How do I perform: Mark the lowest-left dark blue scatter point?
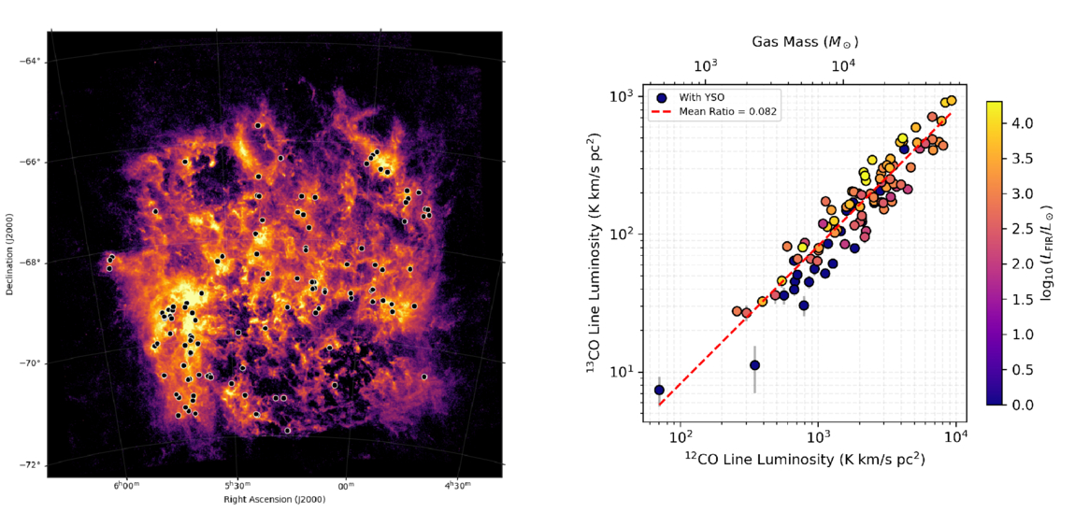click(660, 390)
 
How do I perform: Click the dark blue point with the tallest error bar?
click(754, 365)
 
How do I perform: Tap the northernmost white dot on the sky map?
click(258, 125)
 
